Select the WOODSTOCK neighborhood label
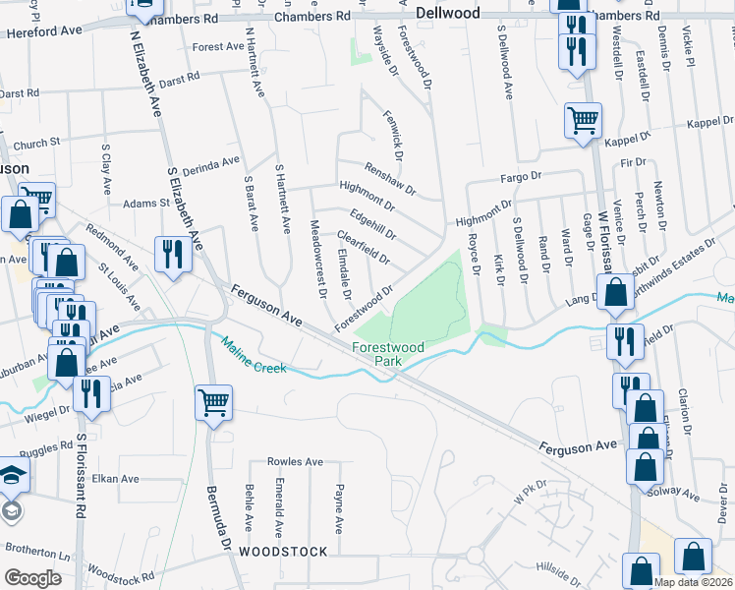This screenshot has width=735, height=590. (x=282, y=552)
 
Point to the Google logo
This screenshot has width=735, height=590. (x=32, y=578)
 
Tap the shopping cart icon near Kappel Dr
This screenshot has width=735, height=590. (x=582, y=122)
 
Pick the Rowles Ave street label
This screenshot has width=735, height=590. (x=295, y=462)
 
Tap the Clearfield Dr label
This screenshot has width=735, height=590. (x=364, y=249)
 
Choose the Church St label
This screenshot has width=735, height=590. (x=36, y=142)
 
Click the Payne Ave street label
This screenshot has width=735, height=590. (x=339, y=507)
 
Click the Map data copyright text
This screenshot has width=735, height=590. (x=692, y=581)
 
